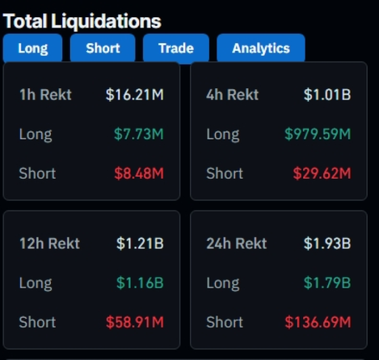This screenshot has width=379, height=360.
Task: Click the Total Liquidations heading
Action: coord(82,21)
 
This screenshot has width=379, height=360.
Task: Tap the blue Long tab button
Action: coord(33,49)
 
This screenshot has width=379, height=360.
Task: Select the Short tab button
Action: coord(103,49)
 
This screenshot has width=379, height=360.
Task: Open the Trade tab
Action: coord(176,49)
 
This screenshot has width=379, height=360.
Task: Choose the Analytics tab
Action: coord(261,49)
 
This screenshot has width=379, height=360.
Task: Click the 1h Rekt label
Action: coord(46,95)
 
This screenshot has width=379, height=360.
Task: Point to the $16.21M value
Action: coord(134,95)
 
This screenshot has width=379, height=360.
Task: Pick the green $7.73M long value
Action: coord(139,134)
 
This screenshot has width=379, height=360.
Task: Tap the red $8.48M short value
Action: coord(139,173)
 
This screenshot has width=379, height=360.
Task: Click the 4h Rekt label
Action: coord(233,95)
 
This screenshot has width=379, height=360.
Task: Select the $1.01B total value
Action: coord(327,95)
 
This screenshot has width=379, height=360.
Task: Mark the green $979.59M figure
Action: coord(317,134)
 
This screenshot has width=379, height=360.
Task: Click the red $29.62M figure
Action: coord(322,173)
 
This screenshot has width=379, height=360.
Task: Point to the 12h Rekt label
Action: coord(49,243)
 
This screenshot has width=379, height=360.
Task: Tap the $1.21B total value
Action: coord(140,243)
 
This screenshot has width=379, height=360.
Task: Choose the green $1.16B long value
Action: coord(140,283)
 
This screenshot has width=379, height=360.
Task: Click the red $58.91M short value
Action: coord(134,322)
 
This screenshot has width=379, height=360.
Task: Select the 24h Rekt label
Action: coord(236,243)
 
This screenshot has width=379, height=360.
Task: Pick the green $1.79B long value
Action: coord(327,283)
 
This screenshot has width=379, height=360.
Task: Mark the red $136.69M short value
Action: coord(317,322)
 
